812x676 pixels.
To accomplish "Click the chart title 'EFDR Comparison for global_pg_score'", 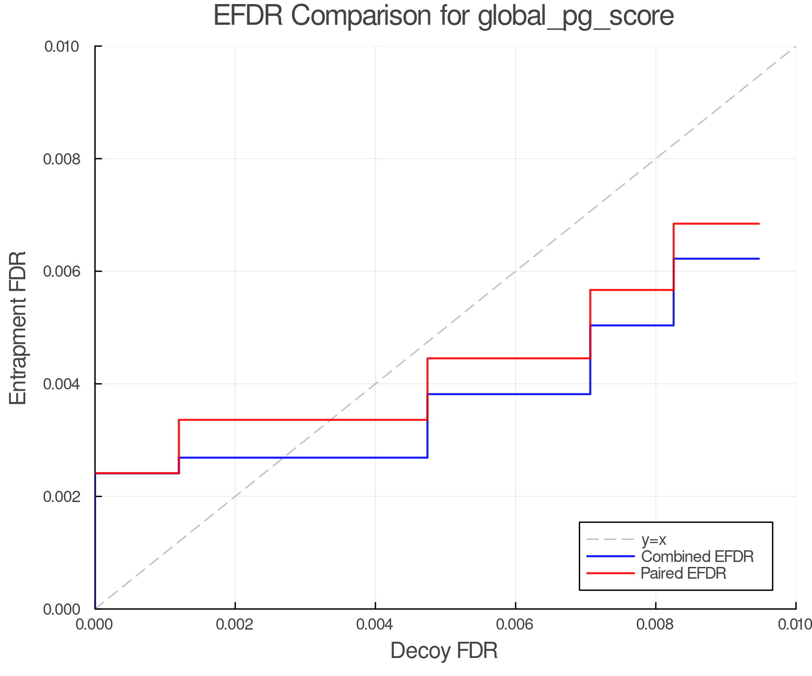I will point(443,16).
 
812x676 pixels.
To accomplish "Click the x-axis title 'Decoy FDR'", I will point(444,651).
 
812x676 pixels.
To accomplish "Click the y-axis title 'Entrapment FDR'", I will point(18,328).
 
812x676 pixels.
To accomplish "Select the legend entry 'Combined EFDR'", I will point(697,557).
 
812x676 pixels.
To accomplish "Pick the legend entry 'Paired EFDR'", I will point(683,573).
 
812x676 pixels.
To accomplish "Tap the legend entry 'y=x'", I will point(654,539).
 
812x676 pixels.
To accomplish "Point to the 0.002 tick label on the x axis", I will point(235,624).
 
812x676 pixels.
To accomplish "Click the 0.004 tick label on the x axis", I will point(375,624).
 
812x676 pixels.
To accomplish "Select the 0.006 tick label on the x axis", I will point(516,624).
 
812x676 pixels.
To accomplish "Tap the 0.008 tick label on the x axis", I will point(655,624).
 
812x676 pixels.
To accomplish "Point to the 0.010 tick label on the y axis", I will point(62,46).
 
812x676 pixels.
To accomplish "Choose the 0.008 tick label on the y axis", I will point(62,159).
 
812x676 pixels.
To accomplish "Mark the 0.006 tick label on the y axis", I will point(62,271).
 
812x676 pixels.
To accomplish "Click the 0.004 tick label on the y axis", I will point(62,384).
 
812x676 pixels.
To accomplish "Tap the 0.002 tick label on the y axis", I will point(62,496).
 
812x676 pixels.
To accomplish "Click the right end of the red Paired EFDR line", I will point(759,224).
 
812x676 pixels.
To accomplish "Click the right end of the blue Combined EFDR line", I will point(759,259).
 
